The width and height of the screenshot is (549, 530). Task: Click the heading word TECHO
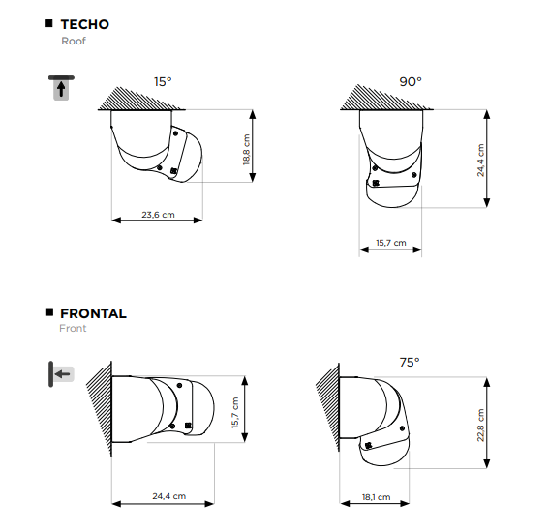click(x=85, y=24)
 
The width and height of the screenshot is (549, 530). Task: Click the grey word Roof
click(x=74, y=41)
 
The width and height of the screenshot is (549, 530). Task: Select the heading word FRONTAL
click(x=93, y=313)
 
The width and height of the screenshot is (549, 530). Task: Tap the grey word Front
click(x=73, y=328)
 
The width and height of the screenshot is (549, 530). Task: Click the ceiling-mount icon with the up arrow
click(x=61, y=88)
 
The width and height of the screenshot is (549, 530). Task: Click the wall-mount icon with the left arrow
click(x=61, y=374)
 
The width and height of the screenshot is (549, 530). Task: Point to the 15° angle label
click(x=163, y=81)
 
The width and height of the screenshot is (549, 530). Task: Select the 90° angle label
click(x=411, y=81)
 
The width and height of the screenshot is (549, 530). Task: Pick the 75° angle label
click(x=410, y=362)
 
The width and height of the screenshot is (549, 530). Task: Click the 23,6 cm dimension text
click(x=158, y=215)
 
